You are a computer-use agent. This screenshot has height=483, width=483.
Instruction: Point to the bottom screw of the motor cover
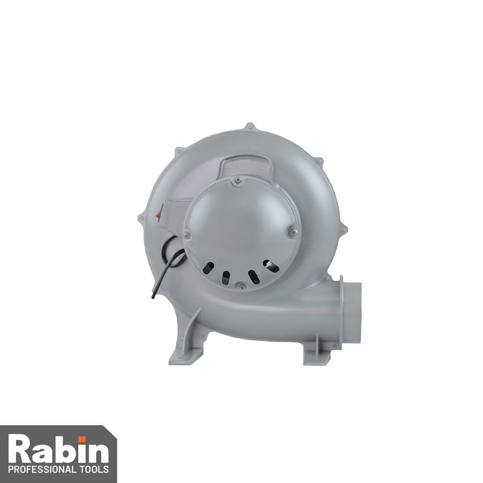[242, 287]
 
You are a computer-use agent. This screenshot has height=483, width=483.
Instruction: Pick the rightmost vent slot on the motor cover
[271, 266]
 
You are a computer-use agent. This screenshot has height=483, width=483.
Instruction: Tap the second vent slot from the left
[226, 277]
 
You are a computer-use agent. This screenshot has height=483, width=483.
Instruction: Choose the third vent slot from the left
[254, 277]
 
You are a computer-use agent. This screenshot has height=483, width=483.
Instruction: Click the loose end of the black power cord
[152, 297]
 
